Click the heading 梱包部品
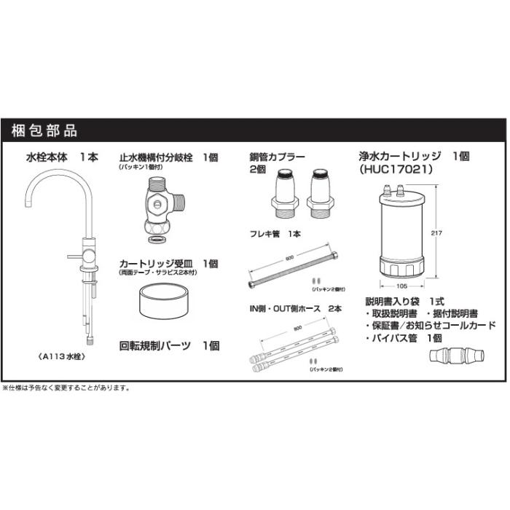coord(44,131)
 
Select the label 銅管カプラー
coord(277,157)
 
